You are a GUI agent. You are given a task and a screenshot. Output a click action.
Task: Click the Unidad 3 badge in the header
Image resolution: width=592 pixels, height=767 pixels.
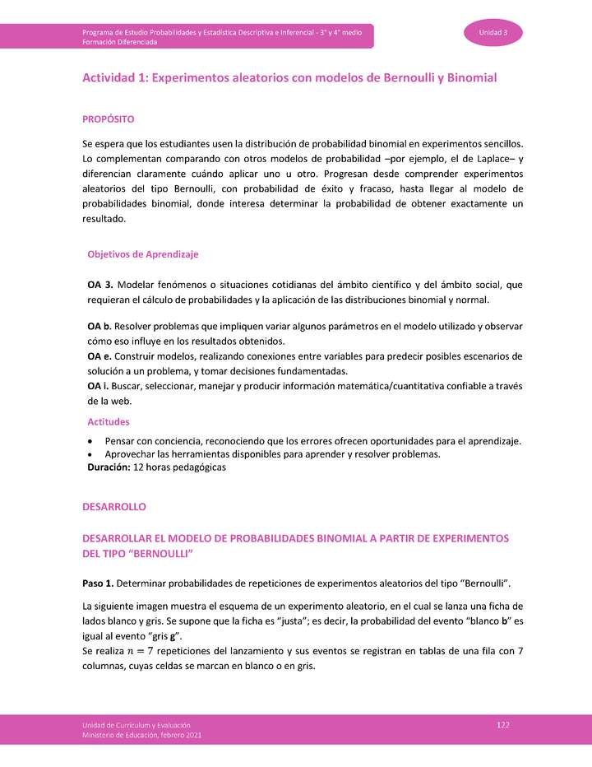(493, 32)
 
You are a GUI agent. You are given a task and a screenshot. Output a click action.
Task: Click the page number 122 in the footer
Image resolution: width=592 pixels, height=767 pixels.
(503, 723)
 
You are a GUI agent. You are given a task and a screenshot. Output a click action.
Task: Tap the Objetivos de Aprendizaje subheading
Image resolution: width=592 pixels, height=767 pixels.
(142, 254)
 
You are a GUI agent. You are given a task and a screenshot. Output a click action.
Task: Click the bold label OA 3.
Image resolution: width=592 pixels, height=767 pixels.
(101, 285)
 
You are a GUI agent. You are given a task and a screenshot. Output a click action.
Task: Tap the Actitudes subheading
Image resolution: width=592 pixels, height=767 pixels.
(109, 421)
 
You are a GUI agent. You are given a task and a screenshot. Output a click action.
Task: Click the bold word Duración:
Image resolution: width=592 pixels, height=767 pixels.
(109, 467)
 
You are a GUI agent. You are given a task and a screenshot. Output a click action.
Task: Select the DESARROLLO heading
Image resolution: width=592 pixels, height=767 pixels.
(113, 507)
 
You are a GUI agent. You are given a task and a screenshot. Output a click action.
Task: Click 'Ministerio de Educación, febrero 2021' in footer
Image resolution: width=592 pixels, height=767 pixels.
(141, 734)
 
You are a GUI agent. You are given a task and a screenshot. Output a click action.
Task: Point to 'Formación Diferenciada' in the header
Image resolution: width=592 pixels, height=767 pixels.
(119, 41)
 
